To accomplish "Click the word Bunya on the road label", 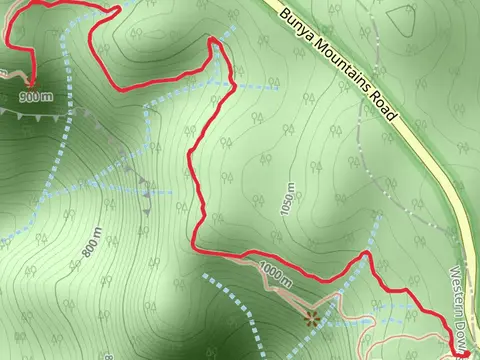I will (x=297, y=22).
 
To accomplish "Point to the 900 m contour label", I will (x=35, y=98).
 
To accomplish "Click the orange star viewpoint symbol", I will (x=311, y=319).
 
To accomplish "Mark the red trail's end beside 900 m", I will (x=31, y=84).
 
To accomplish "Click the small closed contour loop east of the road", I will (x=401, y=16).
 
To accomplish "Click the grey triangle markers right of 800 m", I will (x=146, y=195).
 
